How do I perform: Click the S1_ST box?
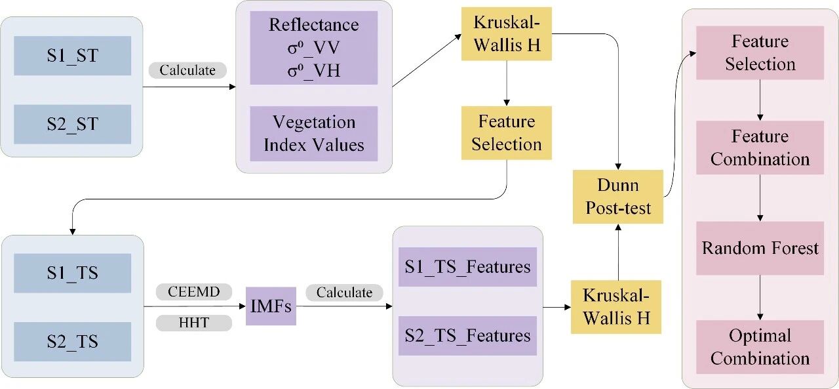click(x=72, y=56)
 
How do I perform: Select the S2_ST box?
click(x=72, y=124)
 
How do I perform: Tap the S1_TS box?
click(x=72, y=273)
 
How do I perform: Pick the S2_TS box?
click(x=72, y=341)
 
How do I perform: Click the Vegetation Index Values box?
click(x=313, y=133)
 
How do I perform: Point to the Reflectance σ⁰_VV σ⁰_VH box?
click(x=313, y=48)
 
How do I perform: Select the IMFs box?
click(x=271, y=306)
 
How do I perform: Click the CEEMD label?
click(x=193, y=291)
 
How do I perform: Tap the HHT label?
click(x=193, y=323)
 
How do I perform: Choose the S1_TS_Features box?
click(x=467, y=267)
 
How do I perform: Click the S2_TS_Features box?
click(x=467, y=336)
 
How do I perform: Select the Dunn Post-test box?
click(x=618, y=197)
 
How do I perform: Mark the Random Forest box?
click(x=760, y=248)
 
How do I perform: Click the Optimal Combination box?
click(x=760, y=347)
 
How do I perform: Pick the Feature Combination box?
click(x=760, y=148)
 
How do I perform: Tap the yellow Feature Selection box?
click(x=507, y=133)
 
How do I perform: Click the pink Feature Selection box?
click(x=760, y=52)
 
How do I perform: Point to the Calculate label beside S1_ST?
click(x=187, y=70)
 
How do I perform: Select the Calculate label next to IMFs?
click(x=344, y=293)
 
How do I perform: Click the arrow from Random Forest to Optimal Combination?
click(x=760, y=298)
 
